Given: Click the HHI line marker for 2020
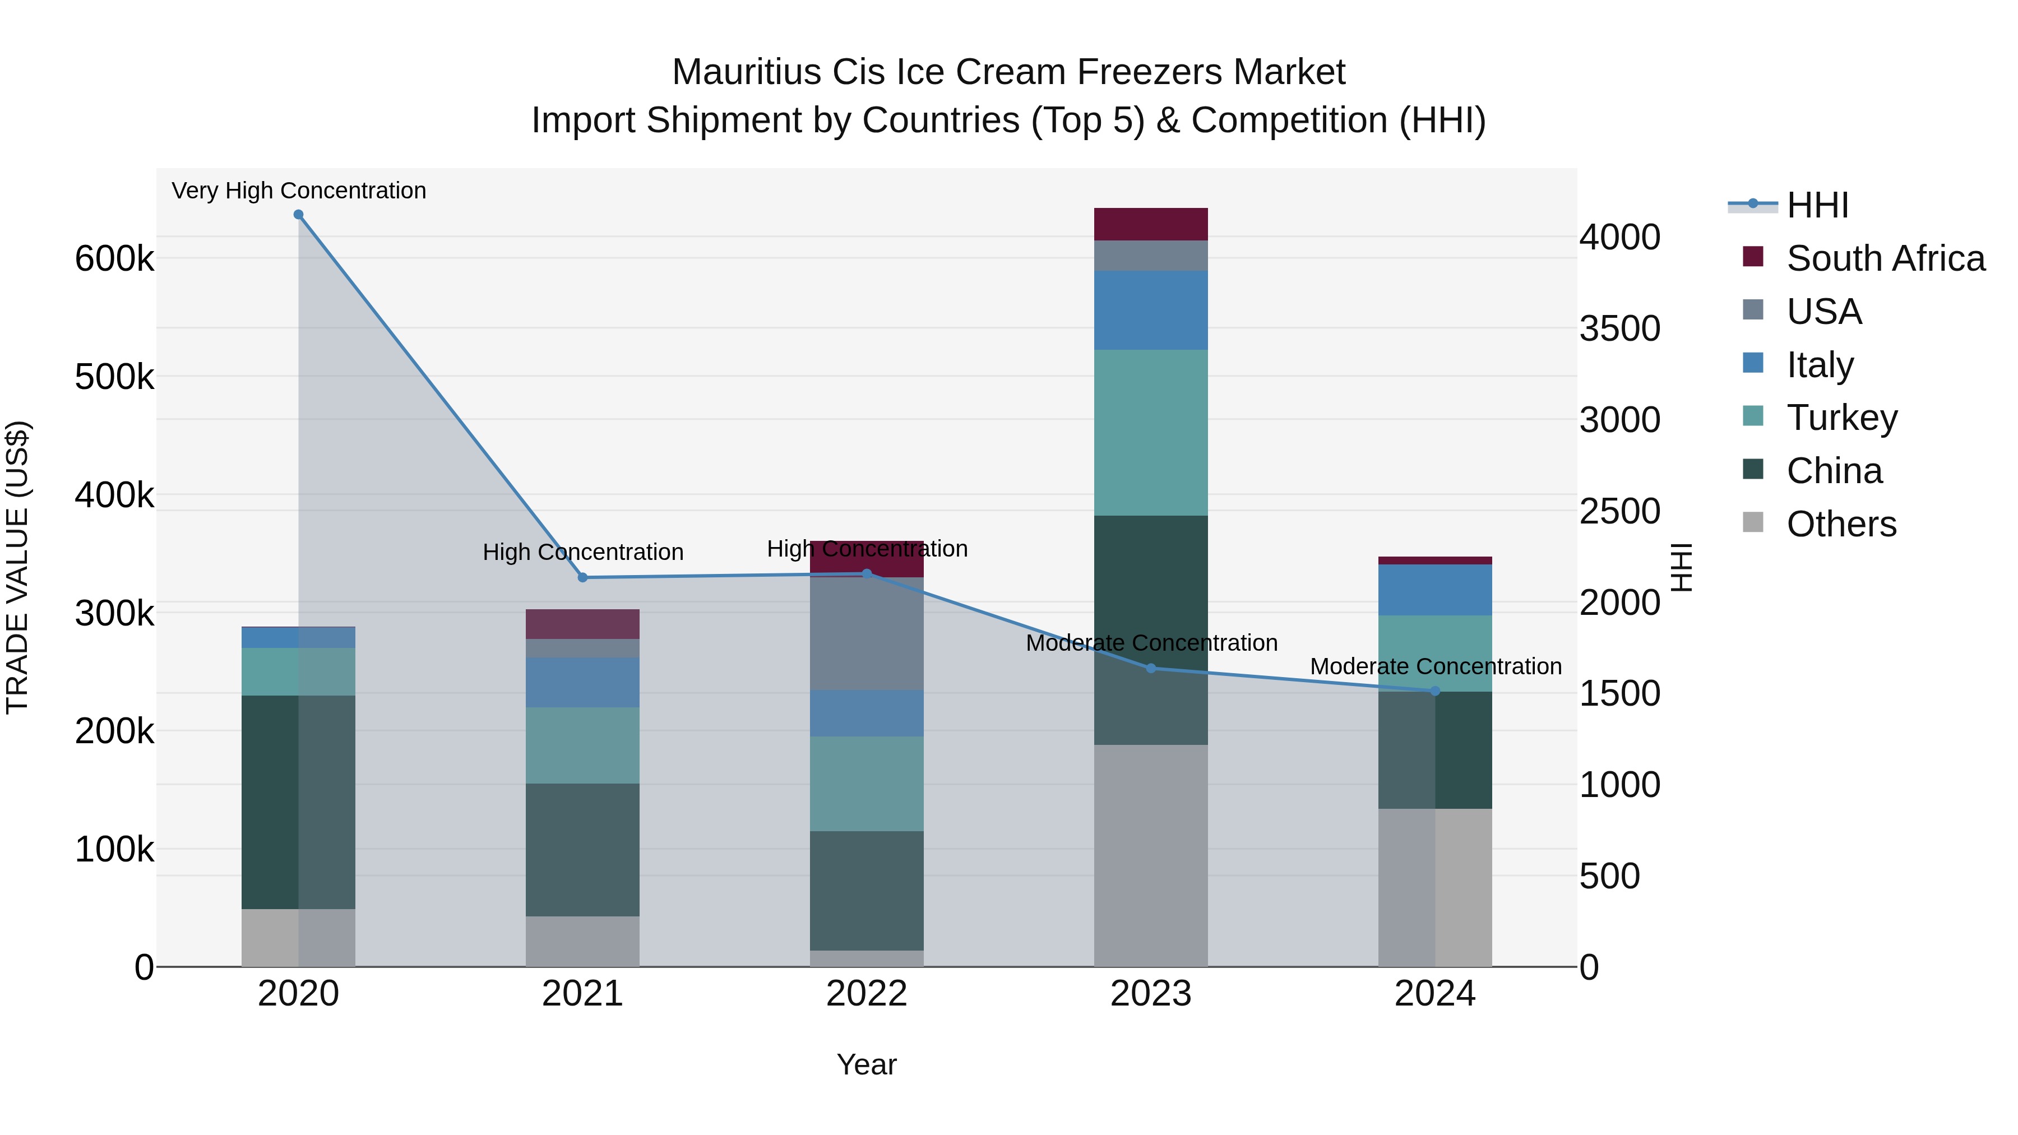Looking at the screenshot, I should click(298, 215).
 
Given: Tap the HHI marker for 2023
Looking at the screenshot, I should click(1151, 668).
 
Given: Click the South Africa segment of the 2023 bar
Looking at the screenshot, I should click(1151, 224).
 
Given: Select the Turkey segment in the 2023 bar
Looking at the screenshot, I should click(1151, 432).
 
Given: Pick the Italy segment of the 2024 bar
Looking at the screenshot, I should click(1435, 590).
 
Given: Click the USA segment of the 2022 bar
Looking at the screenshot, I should click(867, 634).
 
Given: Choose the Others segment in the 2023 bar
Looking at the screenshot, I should click(1151, 855).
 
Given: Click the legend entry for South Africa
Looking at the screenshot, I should click(1885, 258).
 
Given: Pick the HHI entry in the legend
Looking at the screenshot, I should click(1817, 205).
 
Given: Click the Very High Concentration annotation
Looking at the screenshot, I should click(298, 191).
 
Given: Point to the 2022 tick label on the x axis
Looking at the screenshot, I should click(867, 994).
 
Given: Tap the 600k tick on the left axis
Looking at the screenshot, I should click(114, 258).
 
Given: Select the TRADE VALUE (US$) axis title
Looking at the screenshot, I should click(17, 567).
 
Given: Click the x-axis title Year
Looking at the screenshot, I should click(867, 1064).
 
